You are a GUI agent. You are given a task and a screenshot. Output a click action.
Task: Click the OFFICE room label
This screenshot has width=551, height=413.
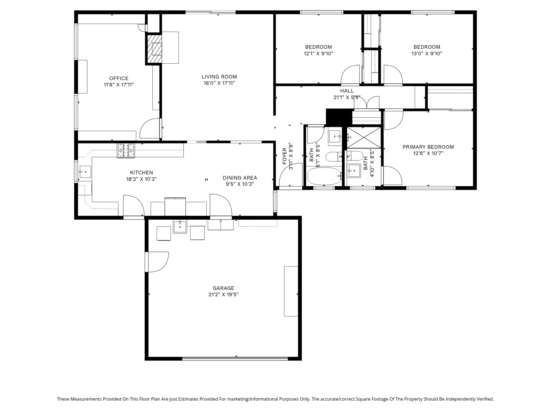click(x=119, y=78)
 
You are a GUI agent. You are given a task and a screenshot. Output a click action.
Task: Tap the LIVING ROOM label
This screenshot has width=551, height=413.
click(x=219, y=77)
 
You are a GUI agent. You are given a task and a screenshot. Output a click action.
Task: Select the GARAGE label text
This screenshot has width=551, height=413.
click(x=224, y=288)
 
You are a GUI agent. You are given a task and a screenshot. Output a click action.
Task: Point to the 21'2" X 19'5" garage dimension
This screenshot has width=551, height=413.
click(x=224, y=295)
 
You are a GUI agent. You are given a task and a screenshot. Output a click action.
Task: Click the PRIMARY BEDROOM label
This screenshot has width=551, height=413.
click(x=428, y=147)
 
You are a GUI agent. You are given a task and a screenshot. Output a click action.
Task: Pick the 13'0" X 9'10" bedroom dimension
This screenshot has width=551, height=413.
click(x=427, y=53)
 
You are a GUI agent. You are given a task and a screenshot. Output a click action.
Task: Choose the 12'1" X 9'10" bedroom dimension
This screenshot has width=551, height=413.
click(x=319, y=53)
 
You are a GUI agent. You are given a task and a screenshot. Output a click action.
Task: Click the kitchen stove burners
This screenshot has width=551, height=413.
click(x=126, y=151)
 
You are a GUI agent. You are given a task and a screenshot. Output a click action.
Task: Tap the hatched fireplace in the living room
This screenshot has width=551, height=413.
click(x=154, y=49)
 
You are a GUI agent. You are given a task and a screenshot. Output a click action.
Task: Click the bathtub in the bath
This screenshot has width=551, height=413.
click(x=324, y=176)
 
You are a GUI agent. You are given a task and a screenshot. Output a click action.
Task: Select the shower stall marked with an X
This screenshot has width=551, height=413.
click(x=364, y=138)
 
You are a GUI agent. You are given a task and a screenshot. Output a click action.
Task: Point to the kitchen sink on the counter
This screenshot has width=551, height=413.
click(x=85, y=172)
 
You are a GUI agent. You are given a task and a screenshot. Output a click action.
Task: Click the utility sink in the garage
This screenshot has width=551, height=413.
click(x=180, y=227)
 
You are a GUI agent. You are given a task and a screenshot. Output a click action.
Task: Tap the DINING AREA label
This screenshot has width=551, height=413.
click(x=240, y=178)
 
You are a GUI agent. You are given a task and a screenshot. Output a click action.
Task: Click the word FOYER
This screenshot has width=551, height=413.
click(x=284, y=156)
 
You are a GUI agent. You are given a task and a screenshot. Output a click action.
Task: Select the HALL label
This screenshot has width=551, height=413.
click(x=347, y=91)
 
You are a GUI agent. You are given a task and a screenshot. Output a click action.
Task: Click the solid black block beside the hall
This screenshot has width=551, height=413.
click(x=339, y=117)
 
